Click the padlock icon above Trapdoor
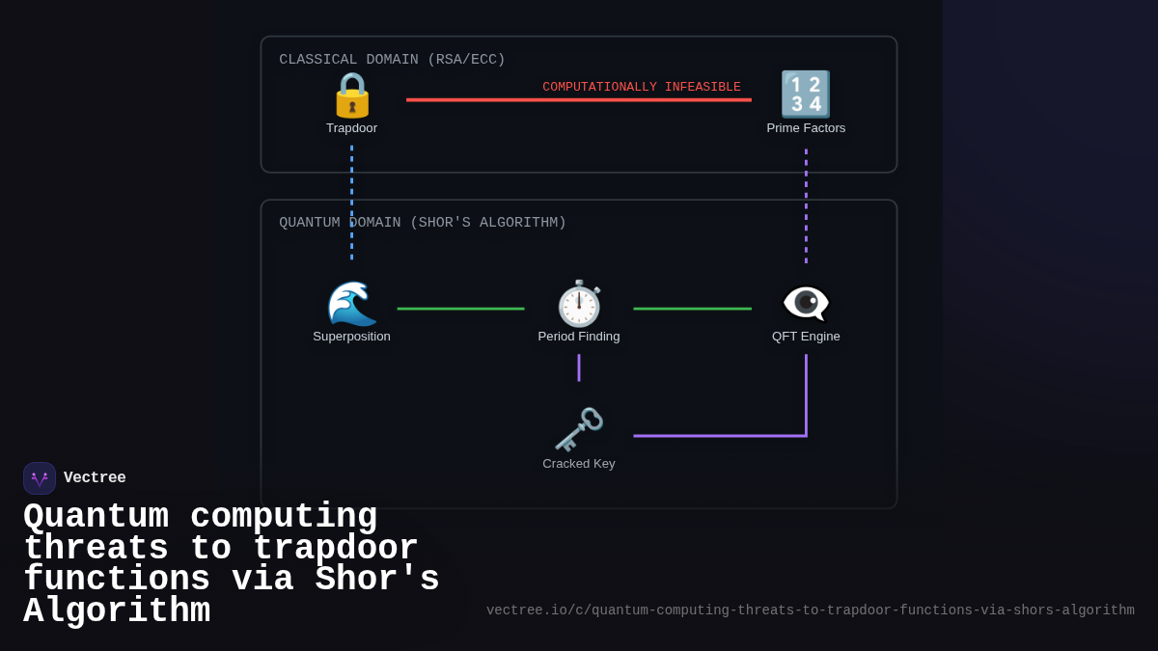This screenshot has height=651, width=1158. point(351,95)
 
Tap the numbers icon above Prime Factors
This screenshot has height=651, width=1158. point(805,95)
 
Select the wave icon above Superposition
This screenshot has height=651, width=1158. point(351,304)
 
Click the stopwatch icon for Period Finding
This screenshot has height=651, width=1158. point(579,304)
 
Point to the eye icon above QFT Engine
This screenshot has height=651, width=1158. point(806,303)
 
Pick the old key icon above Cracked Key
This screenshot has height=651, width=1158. point(579,430)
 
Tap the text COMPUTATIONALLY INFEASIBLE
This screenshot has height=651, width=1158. point(641,87)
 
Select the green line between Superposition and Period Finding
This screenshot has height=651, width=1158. point(460,309)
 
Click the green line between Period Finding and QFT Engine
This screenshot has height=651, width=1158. point(692,309)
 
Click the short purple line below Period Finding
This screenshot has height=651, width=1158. point(579,367)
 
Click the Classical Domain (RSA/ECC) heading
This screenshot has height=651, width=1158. point(392,60)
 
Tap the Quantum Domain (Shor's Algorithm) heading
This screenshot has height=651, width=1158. point(423,223)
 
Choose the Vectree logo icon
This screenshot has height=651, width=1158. point(40,478)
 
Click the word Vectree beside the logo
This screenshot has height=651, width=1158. point(95,477)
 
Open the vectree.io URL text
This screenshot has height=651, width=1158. point(810,610)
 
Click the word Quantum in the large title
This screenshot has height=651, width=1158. point(96,517)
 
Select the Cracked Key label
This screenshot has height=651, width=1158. point(579,463)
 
